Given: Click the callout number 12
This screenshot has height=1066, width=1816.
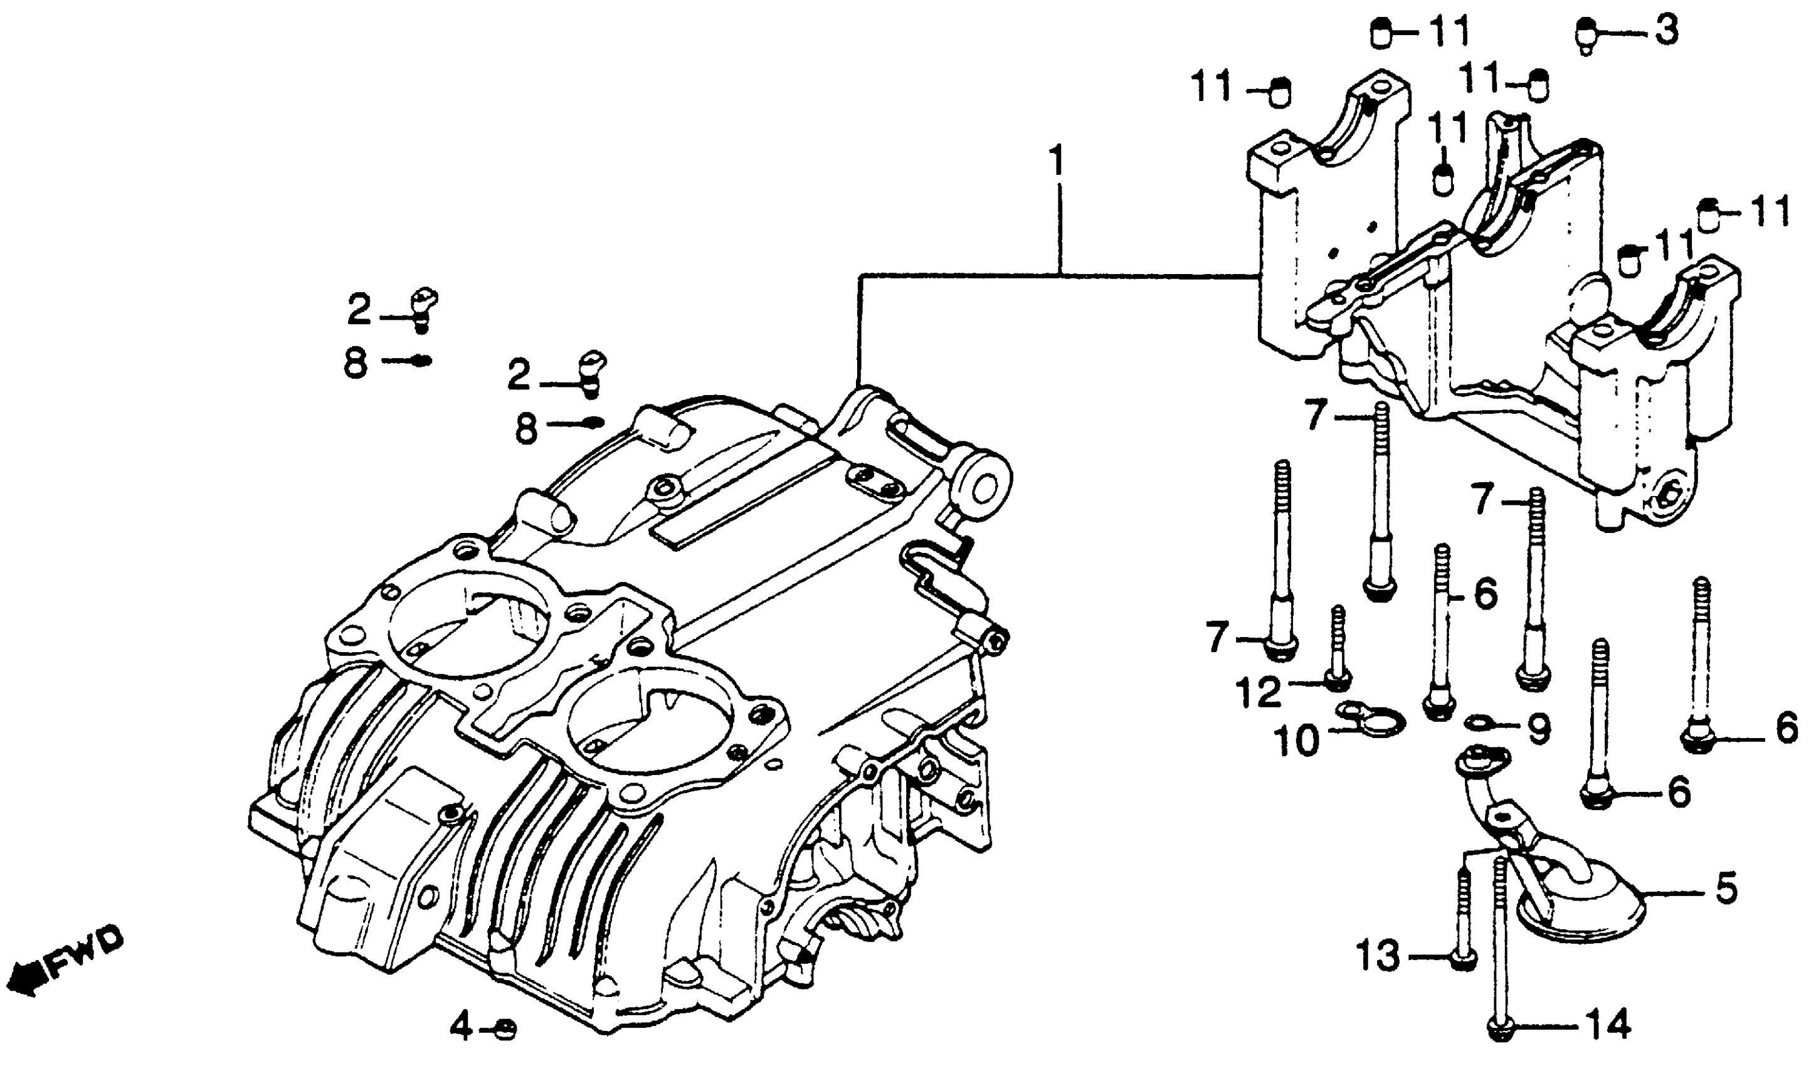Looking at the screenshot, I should click(x=1260, y=692).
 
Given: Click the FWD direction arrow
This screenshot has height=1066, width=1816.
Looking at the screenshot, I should click(x=21, y=979).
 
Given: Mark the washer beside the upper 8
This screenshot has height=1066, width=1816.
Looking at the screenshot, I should click(x=421, y=361).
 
